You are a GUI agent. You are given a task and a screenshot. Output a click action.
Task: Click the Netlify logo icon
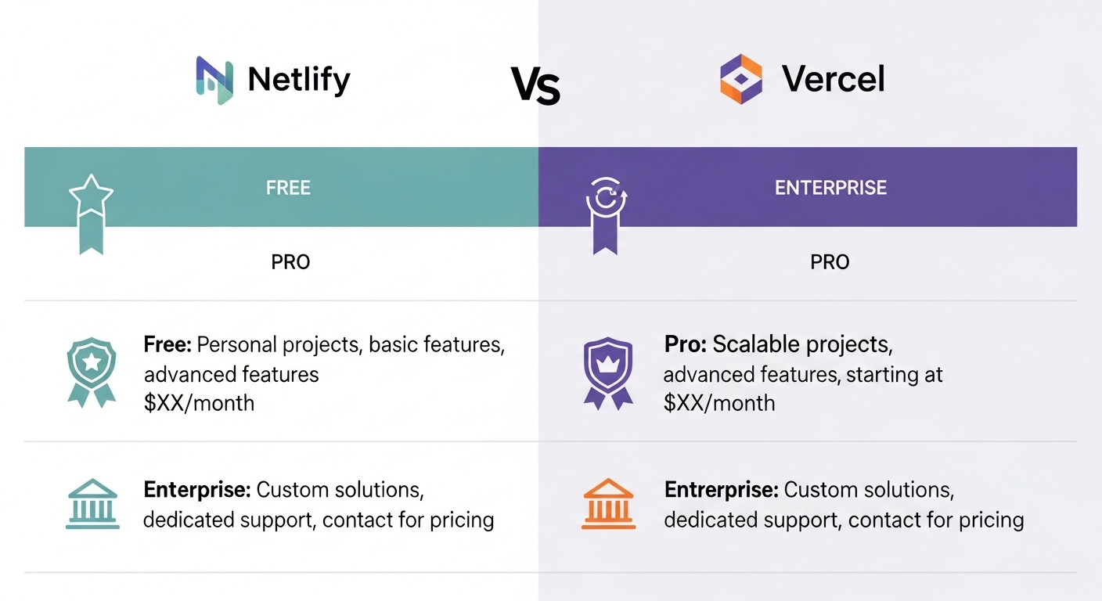[x=214, y=80]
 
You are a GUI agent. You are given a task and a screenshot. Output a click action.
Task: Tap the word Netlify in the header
[x=299, y=80]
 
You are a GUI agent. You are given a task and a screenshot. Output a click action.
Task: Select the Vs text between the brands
[x=535, y=85]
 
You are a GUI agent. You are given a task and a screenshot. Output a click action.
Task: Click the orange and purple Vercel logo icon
[x=741, y=79]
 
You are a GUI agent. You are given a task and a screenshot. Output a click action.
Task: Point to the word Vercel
[x=834, y=79]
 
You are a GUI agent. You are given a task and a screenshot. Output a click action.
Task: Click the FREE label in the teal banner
[x=288, y=188]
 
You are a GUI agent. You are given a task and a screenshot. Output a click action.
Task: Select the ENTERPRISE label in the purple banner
[x=831, y=188]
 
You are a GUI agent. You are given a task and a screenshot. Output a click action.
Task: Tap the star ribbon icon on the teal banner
[x=92, y=214]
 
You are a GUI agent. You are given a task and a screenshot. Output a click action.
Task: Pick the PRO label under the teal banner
[x=290, y=262]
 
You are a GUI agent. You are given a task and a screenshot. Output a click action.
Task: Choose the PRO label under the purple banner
[x=830, y=262]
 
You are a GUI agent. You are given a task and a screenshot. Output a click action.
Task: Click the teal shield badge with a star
[x=92, y=372]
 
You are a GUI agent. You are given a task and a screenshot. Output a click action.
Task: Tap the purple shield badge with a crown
[x=608, y=373]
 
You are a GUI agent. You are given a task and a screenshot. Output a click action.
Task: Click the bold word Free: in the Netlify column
[x=167, y=345]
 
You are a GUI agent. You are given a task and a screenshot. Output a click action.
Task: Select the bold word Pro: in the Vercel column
[x=686, y=344]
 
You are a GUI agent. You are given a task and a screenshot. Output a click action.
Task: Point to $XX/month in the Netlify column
[x=200, y=403]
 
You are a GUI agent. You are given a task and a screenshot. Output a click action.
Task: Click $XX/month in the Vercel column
[x=719, y=403]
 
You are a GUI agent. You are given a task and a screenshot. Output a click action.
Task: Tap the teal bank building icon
[x=92, y=504]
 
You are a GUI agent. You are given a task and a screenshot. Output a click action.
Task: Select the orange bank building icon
[x=609, y=504]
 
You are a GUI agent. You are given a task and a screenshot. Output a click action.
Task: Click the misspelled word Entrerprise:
[x=721, y=491]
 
